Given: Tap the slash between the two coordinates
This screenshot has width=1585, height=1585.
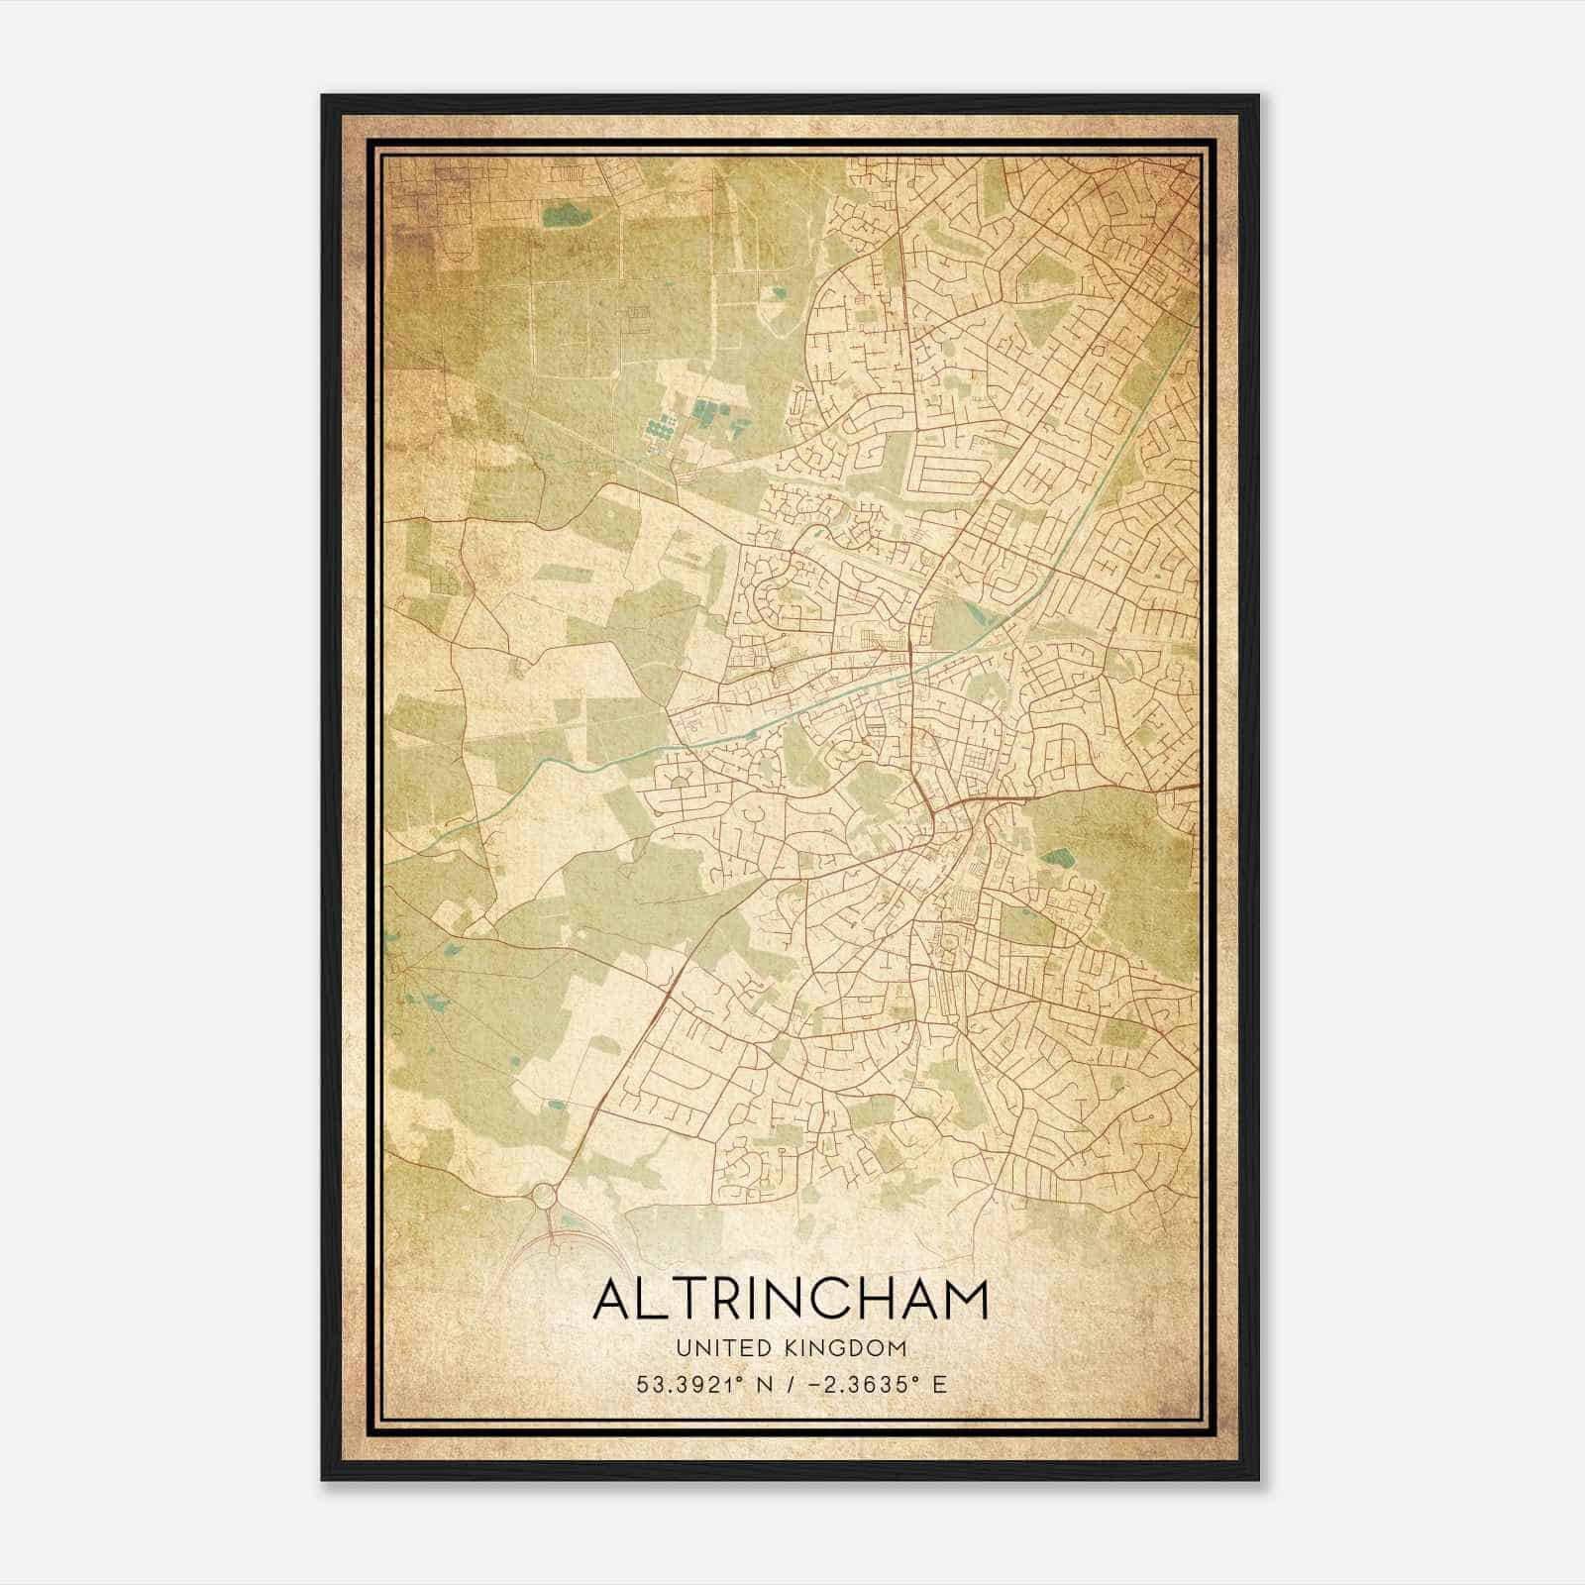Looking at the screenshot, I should [787, 1384].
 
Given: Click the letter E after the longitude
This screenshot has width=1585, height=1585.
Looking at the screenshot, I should [939, 1384].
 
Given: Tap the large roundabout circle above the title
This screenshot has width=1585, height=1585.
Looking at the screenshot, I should [545, 1198].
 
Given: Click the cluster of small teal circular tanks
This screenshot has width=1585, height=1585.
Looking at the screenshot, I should [660, 430].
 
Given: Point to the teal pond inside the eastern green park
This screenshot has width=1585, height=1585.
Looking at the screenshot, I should [1060, 857].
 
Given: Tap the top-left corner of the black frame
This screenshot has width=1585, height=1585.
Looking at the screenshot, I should [324, 97].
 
